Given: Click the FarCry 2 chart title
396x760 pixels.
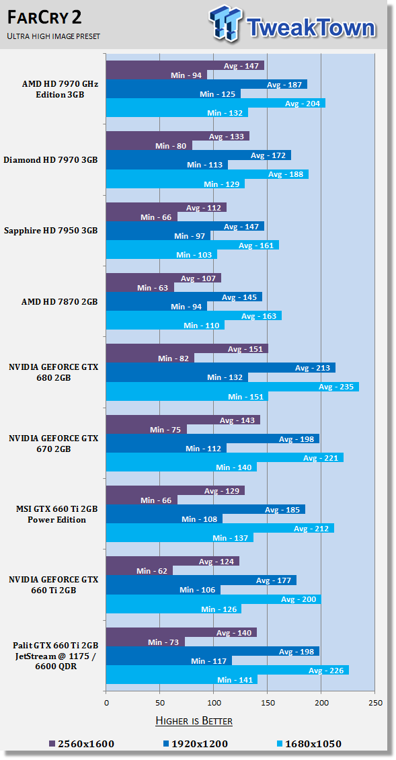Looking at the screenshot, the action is pos(44,18).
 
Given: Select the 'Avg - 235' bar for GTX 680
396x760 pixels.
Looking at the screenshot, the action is pos(233,387).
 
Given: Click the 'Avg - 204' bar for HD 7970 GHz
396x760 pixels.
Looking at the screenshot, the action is pos(216,104).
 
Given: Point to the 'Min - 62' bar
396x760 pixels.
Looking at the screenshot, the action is pos(140,571).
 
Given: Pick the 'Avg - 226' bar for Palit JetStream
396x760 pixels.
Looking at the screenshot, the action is pos(228,671).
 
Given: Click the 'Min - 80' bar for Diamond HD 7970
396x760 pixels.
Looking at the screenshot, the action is pos(149,145).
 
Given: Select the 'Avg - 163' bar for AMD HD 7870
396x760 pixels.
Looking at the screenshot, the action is pos(194,316).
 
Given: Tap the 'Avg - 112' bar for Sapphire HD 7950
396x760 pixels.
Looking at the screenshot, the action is pos(166,207).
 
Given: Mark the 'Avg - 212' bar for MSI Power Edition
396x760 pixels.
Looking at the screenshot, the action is pos(220,529).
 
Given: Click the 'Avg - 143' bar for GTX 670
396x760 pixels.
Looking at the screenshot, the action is pos(184,420).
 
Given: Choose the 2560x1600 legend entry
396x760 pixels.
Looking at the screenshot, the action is pos(81,743).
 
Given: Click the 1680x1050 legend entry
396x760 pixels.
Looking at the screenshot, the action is pos(309,743).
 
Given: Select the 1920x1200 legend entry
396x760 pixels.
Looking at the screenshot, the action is pos(196,743).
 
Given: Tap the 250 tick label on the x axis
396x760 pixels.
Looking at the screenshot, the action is pos(374,703).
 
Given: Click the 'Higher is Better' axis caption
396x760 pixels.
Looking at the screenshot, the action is pos(194,721).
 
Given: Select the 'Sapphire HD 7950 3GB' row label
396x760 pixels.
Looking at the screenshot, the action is pos(50,230).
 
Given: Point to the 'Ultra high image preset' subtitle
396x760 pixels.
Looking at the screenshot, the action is pos(53,36).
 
